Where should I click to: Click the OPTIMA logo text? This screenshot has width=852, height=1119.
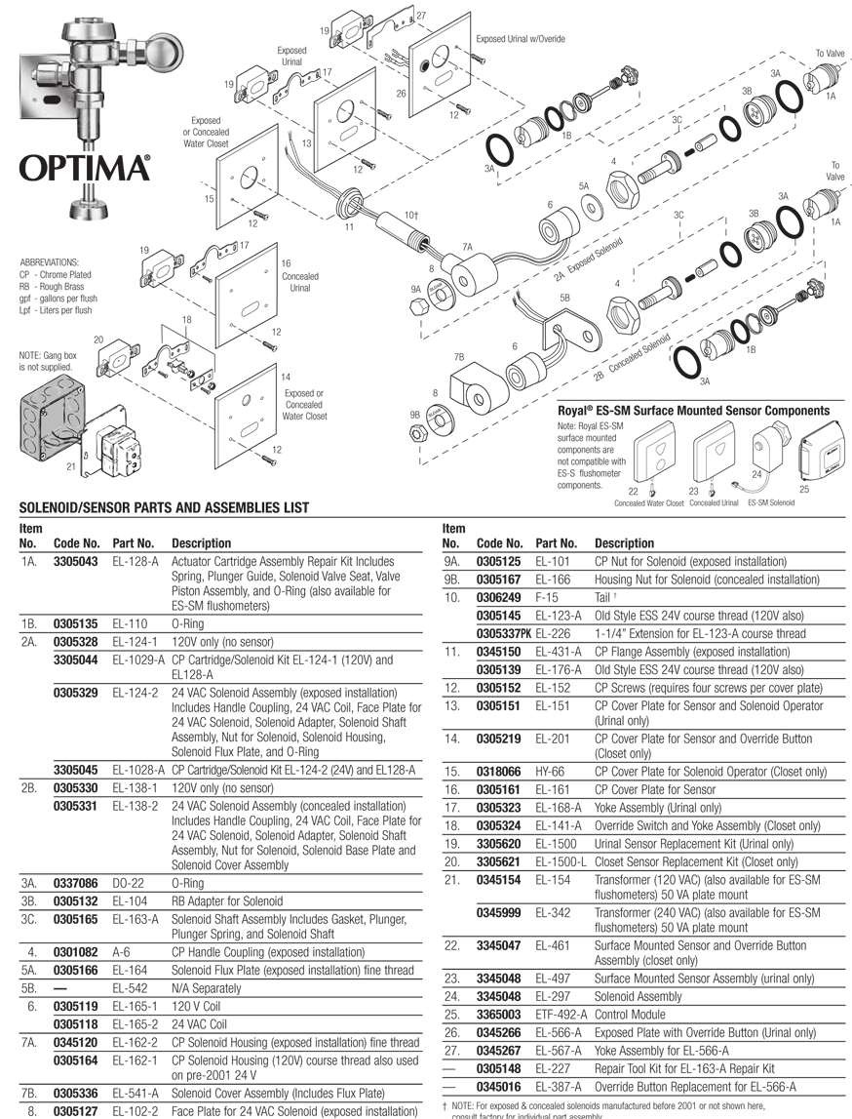pyautogui.click(x=86, y=168)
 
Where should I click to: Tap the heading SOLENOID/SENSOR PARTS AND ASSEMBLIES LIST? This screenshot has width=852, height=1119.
pyautogui.click(x=164, y=507)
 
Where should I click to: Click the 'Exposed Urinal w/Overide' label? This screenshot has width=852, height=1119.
pyautogui.click(x=521, y=39)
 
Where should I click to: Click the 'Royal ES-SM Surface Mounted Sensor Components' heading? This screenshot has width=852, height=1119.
pyautogui.click(x=693, y=412)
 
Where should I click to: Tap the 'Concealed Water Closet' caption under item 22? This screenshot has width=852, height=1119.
pyautogui.click(x=648, y=503)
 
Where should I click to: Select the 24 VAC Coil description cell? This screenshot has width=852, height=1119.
pyautogui.click(x=199, y=1024)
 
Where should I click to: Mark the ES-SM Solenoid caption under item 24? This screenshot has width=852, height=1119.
pyautogui.click(x=770, y=503)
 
